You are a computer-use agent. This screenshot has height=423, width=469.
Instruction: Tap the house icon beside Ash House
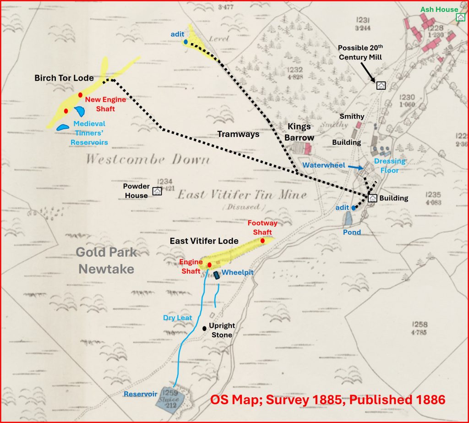[x=460, y=17]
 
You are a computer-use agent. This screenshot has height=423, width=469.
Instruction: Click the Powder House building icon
[x=157, y=191]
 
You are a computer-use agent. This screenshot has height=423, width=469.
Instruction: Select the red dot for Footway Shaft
[x=262, y=241]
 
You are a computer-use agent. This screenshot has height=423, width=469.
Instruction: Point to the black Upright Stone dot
[x=204, y=328]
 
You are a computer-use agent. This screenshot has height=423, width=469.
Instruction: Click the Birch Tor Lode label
[x=64, y=78]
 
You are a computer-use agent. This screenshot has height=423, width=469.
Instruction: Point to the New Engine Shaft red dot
[x=80, y=95]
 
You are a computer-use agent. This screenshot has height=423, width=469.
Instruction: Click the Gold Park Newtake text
[x=105, y=260]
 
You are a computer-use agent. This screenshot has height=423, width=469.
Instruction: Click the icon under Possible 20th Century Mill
[x=381, y=85]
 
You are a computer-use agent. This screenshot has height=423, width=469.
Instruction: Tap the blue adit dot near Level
[x=185, y=42]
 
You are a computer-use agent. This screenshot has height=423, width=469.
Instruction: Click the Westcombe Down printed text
[x=147, y=159]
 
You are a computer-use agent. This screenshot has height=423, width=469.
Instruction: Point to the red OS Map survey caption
[x=327, y=400]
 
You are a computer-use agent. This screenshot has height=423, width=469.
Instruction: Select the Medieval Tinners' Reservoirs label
[x=89, y=133]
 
